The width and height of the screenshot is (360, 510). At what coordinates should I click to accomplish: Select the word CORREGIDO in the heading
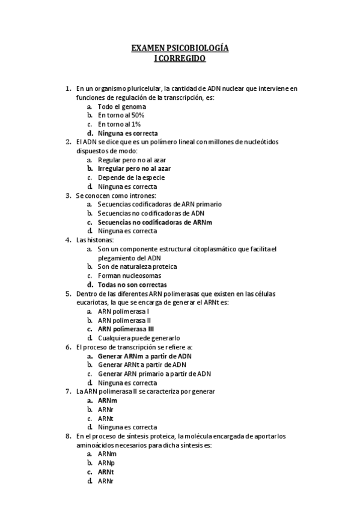tap(183, 59)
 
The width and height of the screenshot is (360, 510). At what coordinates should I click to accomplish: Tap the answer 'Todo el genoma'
tap(122, 106)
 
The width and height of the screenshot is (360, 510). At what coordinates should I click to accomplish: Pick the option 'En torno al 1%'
tap(119, 124)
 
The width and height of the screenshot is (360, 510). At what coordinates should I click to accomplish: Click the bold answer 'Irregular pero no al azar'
tap(134, 169)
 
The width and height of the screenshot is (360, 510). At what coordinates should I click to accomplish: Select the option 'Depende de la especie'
tap(131, 177)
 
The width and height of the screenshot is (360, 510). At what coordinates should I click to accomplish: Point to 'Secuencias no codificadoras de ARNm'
tap(155, 222)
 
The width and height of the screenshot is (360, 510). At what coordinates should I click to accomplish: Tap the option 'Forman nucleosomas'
tap(129, 275)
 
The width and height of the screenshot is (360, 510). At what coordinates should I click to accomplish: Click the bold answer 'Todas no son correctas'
tap(132, 284)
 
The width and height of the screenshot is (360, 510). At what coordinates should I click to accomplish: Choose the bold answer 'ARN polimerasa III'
tap(126, 329)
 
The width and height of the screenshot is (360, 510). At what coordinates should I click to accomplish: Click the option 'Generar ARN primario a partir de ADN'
tap(154, 373)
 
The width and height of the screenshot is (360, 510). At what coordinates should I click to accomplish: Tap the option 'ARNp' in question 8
tap(106, 463)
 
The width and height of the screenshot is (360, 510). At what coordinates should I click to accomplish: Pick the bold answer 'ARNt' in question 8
tap(106, 472)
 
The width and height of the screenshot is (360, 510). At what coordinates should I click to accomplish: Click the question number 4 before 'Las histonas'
tap(68, 240)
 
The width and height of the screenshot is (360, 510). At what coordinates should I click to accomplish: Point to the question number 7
tap(68, 392)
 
